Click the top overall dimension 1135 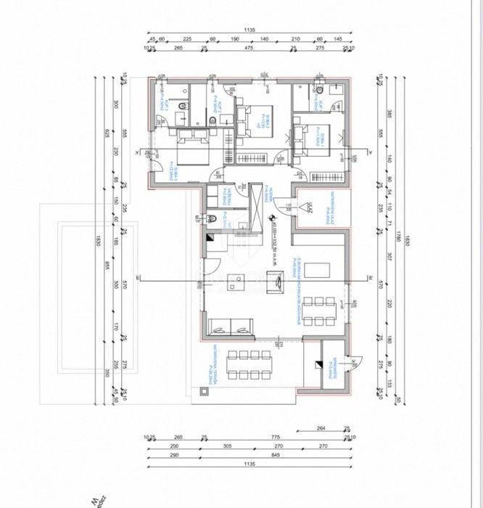pos(251,30)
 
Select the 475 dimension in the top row pos(249,49)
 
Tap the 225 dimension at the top pos(187,39)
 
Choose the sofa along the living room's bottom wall pos(231,330)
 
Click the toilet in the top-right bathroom pos(320,89)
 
